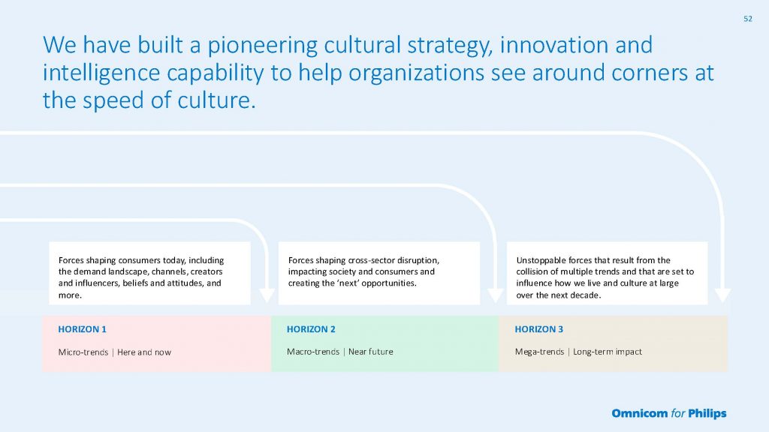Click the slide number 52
748,19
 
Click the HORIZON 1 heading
83,329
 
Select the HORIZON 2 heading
311,329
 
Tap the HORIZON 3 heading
539,329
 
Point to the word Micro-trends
83,352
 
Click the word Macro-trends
313,352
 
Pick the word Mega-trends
539,352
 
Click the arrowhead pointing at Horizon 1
267,295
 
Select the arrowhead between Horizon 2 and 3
496,295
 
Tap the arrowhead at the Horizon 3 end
723,295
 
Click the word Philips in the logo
707,414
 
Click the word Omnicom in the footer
640,413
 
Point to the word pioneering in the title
262,46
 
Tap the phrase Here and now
144,352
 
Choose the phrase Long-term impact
607,352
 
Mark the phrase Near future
371,352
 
